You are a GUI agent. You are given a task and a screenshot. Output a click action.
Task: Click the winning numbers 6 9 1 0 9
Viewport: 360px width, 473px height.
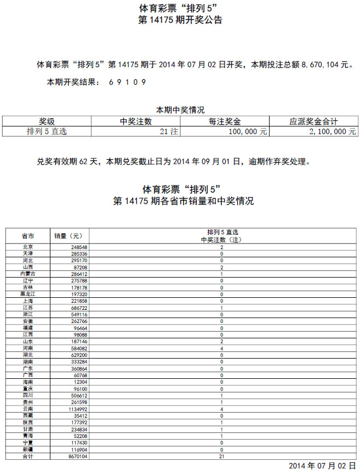click(x=127, y=82)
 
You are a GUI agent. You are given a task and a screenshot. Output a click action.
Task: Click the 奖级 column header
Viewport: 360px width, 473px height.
click(x=47, y=122)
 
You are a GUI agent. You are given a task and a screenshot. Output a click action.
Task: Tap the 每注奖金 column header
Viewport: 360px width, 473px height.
click(x=225, y=122)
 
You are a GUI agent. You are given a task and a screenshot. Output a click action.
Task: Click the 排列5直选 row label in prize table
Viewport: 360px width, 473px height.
click(x=47, y=131)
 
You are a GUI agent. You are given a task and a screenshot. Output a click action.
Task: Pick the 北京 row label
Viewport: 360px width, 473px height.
click(x=28, y=247)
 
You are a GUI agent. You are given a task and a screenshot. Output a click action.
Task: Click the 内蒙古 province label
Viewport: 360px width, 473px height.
click(x=28, y=274)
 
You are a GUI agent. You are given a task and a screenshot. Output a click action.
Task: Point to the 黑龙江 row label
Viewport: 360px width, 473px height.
click(x=28, y=294)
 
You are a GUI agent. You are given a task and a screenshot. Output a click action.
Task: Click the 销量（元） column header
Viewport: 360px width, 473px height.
click(x=68, y=236)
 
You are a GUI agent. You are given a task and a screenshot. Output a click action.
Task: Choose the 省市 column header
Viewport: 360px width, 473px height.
click(x=28, y=236)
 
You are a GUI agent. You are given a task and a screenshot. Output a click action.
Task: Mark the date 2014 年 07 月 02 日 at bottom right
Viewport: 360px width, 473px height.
click(x=318, y=466)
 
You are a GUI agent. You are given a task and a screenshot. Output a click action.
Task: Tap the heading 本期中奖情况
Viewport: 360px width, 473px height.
click(x=180, y=109)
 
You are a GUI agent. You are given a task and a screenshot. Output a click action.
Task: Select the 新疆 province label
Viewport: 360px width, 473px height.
click(x=28, y=449)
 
